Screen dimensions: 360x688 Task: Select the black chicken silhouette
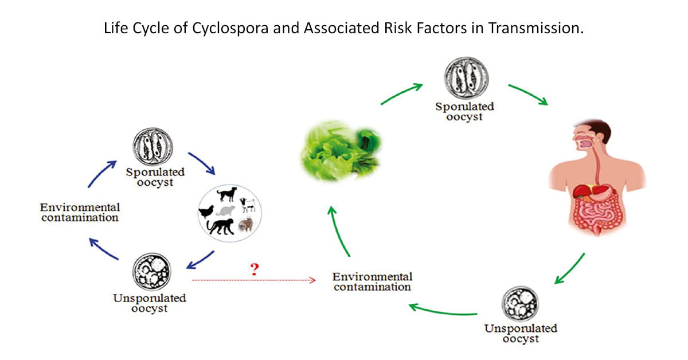[x=206, y=212]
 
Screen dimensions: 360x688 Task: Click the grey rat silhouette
[x=227, y=210]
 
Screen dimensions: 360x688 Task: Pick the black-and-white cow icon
[x=248, y=205]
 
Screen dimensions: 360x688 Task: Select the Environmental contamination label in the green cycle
[x=372, y=281]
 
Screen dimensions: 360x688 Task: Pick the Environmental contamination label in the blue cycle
[x=80, y=212]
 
